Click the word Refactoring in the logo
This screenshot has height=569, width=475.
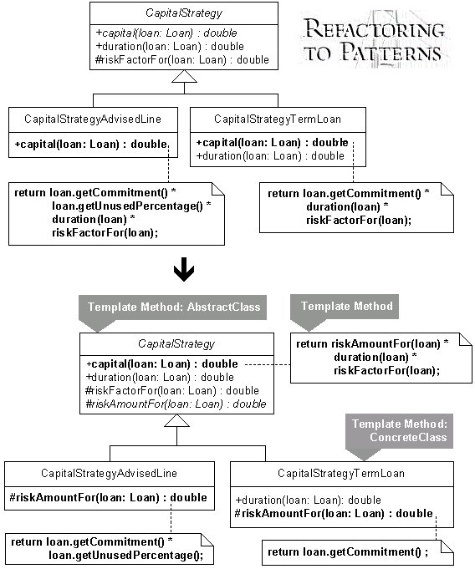pyautogui.click(x=375, y=28)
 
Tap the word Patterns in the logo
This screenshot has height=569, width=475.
pyautogui.click(x=391, y=52)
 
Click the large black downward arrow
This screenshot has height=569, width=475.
pyautogui.click(x=184, y=269)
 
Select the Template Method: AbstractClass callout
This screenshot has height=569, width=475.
pyautogui.click(x=172, y=312)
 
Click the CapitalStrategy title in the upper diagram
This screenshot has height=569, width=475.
pyautogui.click(x=184, y=13)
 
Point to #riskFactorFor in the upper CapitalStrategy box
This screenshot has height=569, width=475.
pyautogui.click(x=182, y=59)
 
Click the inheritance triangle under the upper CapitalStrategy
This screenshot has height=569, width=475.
pyautogui.click(x=184, y=76)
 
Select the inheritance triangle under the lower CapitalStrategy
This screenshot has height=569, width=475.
pyautogui.click(x=176, y=420)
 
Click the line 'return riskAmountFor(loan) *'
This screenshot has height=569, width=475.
pyautogui.click(x=372, y=343)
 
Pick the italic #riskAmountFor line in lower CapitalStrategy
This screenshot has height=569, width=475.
pyautogui.click(x=176, y=404)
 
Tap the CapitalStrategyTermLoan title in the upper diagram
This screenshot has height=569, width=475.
pyautogui.click(x=278, y=119)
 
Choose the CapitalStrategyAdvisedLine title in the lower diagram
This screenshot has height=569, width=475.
pyautogui.click(x=109, y=473)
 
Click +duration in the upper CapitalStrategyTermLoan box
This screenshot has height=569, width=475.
pyautogui.click(x=270, y=156)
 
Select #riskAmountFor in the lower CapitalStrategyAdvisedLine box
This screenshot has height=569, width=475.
pyautogui.click(x=108, y=497)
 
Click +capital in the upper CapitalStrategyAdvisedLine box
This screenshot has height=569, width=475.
pyautogui.click(x=91, y=144)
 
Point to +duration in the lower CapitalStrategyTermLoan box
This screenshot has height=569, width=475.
pyautogui.click(x=308, y=500)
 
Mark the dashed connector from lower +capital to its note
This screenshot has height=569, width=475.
pyautogui.click(x=268, y=364)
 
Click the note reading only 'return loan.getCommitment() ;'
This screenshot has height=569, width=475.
pyautogui.click(x=358, y=552)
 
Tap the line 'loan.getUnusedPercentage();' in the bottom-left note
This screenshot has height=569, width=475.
pyautogui.click(x=125, y=555)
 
